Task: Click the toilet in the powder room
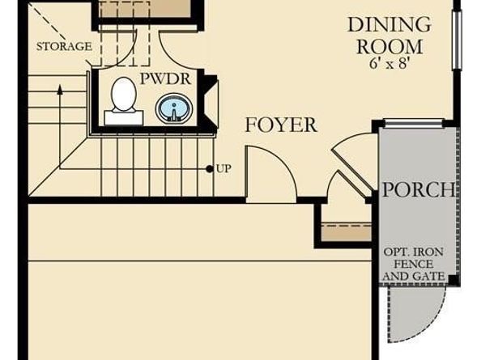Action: [x=124, y=101]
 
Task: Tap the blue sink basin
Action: [x=174, y=108]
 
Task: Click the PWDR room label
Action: [x=165, y=78]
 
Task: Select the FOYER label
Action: [x=281, y=125]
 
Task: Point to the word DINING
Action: [x=389, y=24]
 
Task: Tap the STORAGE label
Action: [x=64, y=46]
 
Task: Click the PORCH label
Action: [x=418, y=189]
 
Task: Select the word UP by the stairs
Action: [x=224, y=168]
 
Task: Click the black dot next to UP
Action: [x=210, y=168]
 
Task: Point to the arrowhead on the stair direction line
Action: [x=60, y=90]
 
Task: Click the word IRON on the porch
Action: [x=428, y=252]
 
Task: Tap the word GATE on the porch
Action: [x=428, y=277]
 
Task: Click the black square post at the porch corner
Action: [x=453, y=279]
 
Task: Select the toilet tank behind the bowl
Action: [x=124, y=118]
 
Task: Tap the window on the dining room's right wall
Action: [x=457, y=40]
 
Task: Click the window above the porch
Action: [x=414, y=123]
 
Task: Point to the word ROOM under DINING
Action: [x=389, y=47]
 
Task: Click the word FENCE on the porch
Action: [x=414, y=264]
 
